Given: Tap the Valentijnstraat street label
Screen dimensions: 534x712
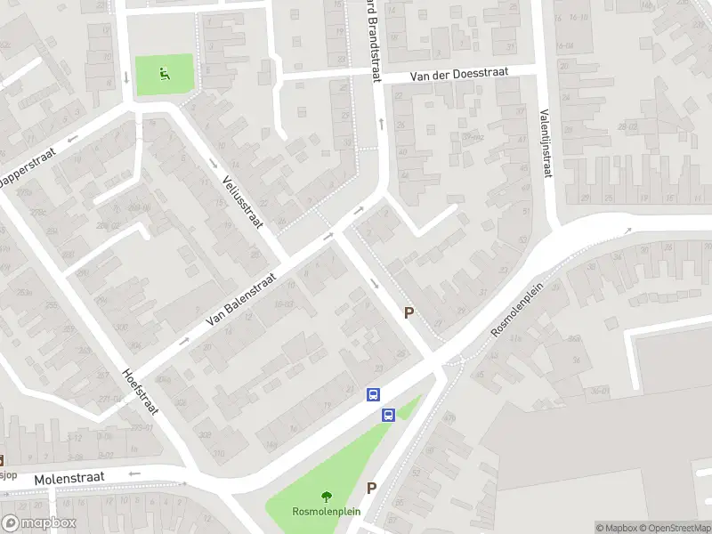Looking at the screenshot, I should [545, 142].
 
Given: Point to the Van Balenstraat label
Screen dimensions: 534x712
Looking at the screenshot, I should [241, 298].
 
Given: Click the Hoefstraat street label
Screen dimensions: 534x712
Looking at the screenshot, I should [140, 396].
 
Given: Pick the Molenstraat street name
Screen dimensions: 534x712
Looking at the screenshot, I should [69, 479].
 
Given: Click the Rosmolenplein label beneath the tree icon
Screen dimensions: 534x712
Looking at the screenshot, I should [325, 512].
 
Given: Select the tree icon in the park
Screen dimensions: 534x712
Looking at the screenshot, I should [325, 497].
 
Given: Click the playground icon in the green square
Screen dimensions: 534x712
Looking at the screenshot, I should [163, 73].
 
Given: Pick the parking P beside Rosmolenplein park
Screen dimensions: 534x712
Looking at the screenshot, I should [372, 488].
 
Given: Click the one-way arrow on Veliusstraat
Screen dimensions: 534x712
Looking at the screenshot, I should [214, 162].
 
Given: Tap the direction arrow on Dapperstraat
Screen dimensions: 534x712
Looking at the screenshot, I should [71, 139].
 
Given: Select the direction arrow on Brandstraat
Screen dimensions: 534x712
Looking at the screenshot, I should [380, 123].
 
